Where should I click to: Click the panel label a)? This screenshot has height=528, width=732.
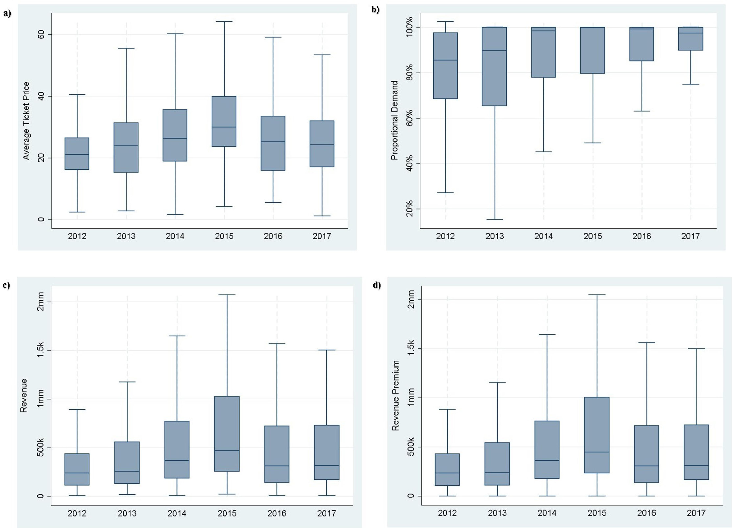pyautogui.click(x=7, y=13)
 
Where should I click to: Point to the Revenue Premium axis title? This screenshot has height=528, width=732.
pyautogui.click(x=396, y=395)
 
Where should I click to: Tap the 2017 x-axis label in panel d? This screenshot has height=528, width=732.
pyautogui.click(x=696, y=513)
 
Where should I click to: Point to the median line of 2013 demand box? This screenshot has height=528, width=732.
pyautogui.click(x=494, y=50)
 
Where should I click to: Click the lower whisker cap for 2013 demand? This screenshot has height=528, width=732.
pyautogui.click(x=494, y=220)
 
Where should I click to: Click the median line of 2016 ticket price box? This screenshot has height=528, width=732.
pyautogui.click(x=273, y=142)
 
